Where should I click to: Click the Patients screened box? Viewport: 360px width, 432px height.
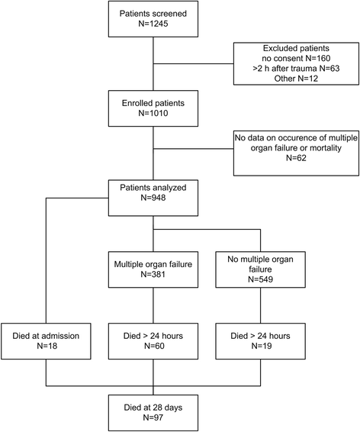pos(153,19)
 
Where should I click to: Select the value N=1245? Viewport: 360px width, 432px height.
pos(153,24)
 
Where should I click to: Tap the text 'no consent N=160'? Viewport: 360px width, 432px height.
pos(296,59)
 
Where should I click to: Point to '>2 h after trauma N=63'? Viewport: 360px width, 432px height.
pos(296,69)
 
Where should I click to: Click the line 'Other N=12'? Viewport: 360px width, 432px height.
pos(296,79)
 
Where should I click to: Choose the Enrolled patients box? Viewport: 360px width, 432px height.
pos(153,108)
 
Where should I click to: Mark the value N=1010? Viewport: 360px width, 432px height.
pos(153,113)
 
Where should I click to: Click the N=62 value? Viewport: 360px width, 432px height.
pos(296,158)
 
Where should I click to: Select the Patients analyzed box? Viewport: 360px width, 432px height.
pos(153,198)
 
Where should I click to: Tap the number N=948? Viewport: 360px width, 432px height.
pos(153,198)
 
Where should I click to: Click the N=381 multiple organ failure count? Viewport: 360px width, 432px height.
pos(153,275)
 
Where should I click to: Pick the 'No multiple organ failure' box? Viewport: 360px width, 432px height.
pos(260,269)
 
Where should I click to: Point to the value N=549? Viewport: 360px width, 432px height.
pos(260,279)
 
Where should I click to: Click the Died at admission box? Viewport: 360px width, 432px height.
pos(46,341)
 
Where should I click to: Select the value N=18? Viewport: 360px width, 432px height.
pos(47,346)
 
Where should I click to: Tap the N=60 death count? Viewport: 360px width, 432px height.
pos(154,346)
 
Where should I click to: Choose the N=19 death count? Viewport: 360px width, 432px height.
pos(262,346)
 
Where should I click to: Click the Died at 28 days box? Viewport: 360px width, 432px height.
pos(153,413)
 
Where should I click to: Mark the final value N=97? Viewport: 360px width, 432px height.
pos(153,417)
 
